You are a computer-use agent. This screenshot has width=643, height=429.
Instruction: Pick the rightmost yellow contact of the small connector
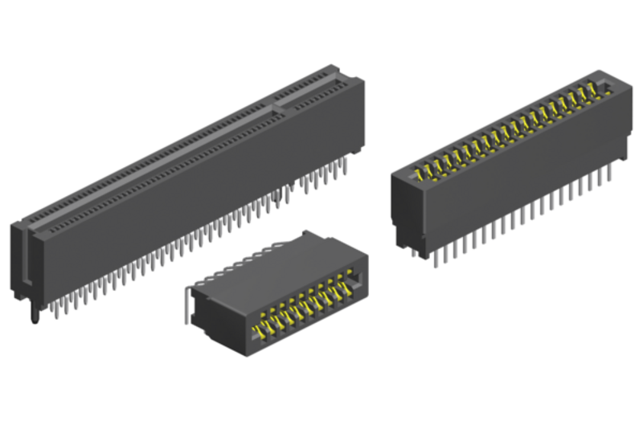point(347,283)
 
